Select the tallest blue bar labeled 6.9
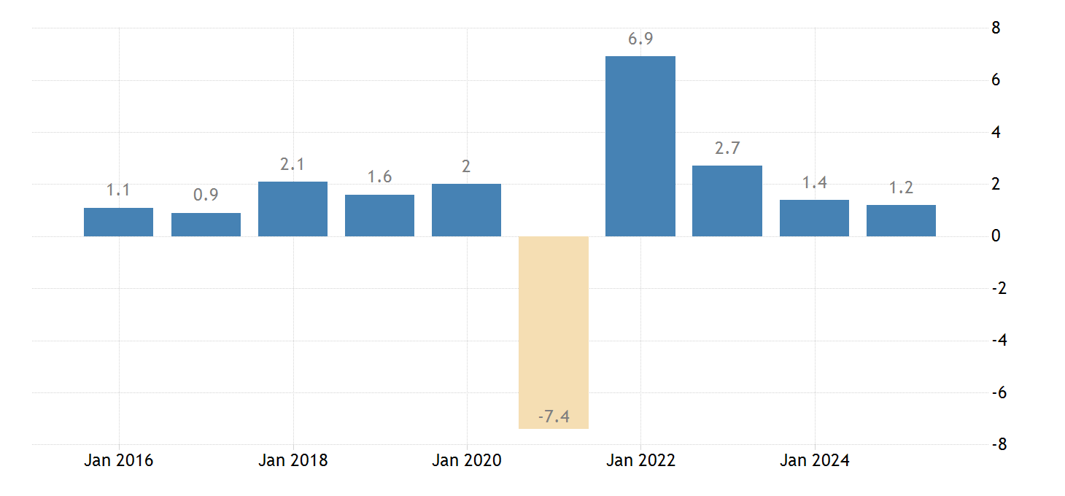(640, 146)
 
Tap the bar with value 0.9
(206, 225)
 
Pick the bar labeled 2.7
(727, 201)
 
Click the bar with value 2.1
(293, 209)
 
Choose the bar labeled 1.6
(379, 216)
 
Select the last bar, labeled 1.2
(901, 221)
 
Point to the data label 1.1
(118, 190)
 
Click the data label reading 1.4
(814, 183)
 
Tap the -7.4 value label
(553, 417)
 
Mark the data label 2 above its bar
(466, 166)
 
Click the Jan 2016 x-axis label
(118, 461)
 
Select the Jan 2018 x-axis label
(293, 461)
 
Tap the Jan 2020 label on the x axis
(466, 461)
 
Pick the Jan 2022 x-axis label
(640, 461)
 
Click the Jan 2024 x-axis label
(815, 461)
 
